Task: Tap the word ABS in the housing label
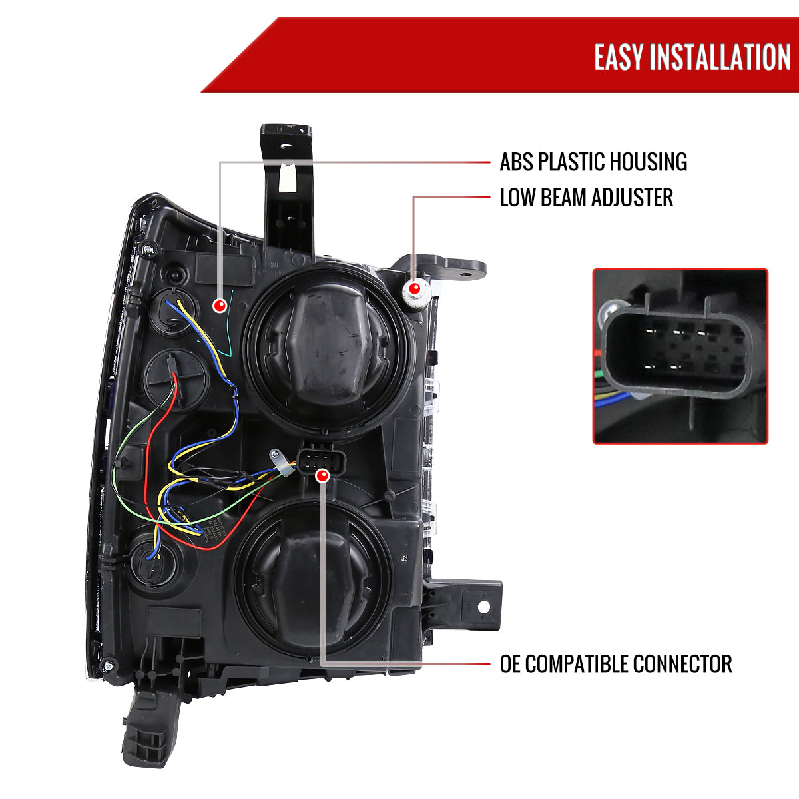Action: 517,162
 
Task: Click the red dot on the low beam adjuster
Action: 414,288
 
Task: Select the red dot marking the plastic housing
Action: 220,306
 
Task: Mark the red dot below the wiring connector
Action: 322,476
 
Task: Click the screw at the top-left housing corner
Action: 148,250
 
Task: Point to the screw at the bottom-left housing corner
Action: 109,666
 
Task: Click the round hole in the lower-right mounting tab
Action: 484,607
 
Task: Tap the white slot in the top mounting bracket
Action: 286,178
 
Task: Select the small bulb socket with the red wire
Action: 176,380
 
